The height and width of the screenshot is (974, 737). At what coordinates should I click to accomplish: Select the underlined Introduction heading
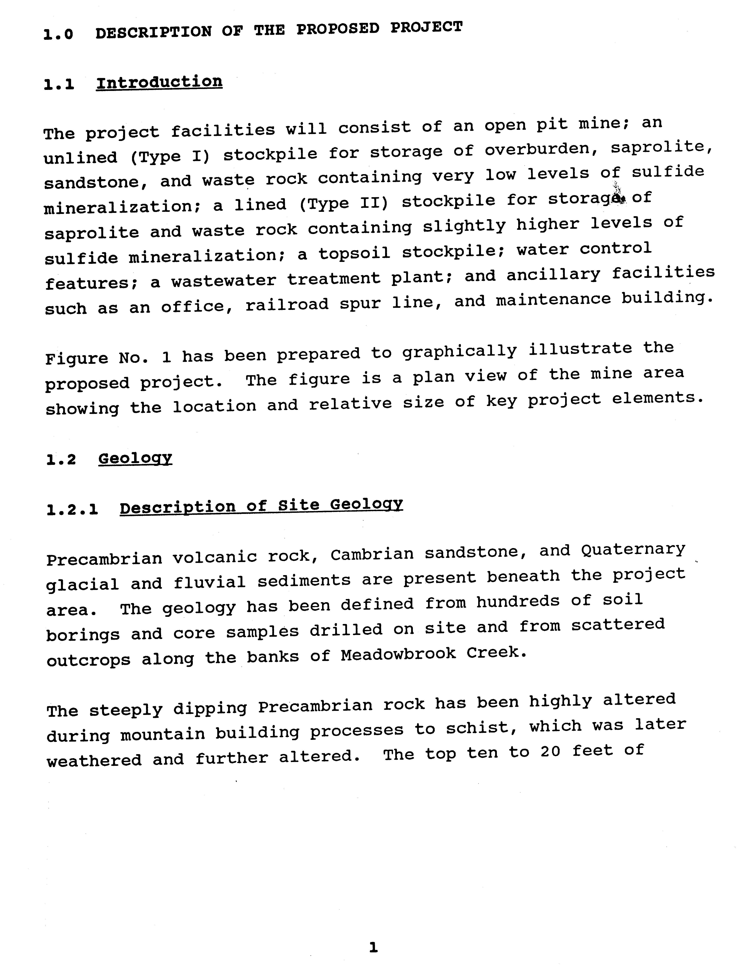pyautogui.click(x=159, y=82)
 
